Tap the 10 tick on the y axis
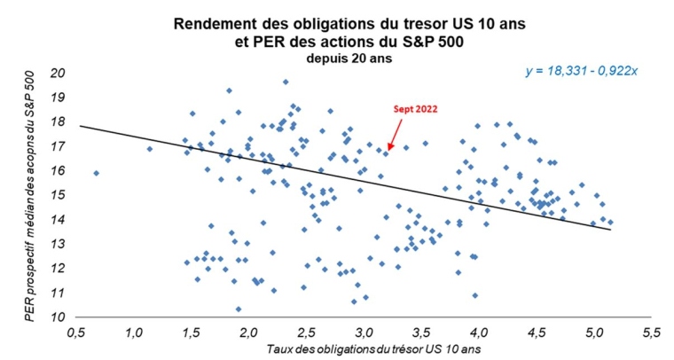pos(60,317)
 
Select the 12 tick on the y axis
pos(60,268)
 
